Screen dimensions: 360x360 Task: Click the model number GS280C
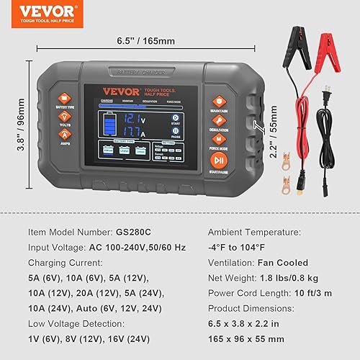(135, 233)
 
